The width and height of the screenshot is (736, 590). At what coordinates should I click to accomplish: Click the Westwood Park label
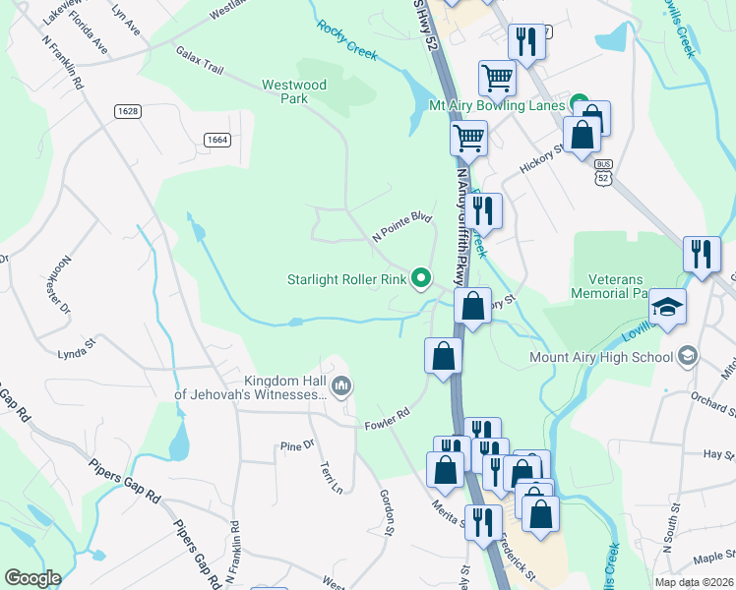[294, 91]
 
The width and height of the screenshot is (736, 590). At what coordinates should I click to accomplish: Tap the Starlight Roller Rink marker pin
[422, 279]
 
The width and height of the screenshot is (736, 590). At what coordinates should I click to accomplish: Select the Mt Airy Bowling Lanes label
[496, 105]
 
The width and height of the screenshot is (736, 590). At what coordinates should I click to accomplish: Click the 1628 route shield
[127, 111]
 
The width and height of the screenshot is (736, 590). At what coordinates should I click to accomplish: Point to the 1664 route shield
[217, 140]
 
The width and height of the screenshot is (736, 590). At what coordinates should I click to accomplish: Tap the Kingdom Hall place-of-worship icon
[341, 384]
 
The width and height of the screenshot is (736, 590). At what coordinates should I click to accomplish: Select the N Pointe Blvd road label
[401, 226]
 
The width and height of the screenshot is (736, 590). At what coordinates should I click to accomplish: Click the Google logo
[31, 578]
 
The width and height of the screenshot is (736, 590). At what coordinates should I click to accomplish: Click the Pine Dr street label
[296, 445]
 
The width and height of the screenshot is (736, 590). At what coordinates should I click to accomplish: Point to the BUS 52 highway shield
[604, 171]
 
